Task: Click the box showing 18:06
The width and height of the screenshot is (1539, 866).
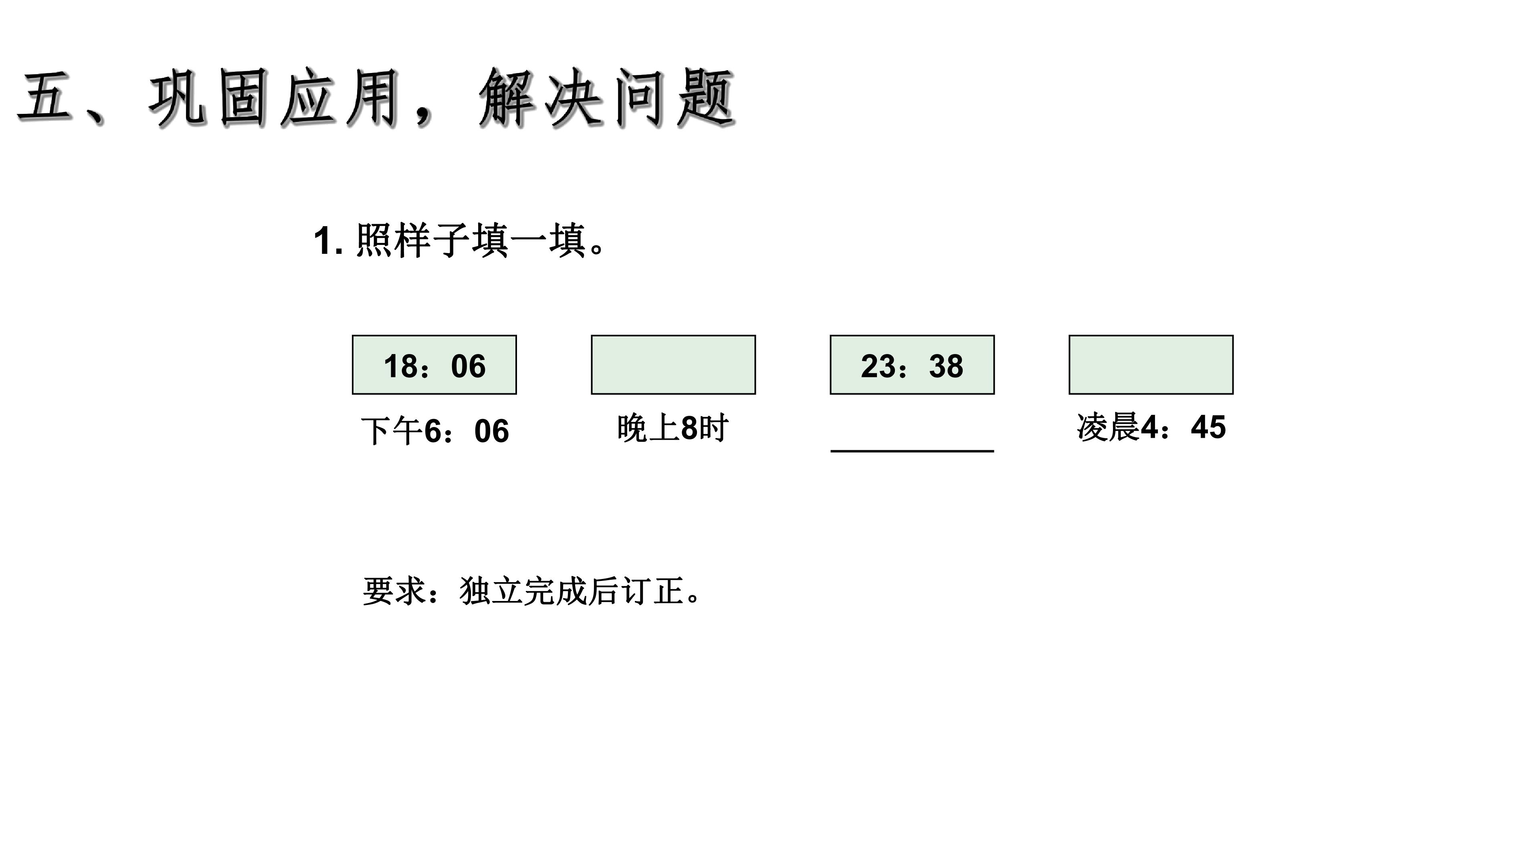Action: click(x=434, y=364)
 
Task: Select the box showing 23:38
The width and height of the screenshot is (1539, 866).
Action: click(x=912, y=364)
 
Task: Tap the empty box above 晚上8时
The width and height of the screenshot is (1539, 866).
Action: click(x=673, y=364)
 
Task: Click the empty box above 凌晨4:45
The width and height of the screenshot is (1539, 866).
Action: click(x=1151, y=364)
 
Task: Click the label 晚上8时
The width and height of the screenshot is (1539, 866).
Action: click(x=673, y=428)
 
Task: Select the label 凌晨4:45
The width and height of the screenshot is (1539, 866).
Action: click(x=1151, y=427)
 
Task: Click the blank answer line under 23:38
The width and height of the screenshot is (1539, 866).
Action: click(x=912, y=451)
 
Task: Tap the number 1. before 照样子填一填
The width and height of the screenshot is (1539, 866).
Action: click(x=328, y=241)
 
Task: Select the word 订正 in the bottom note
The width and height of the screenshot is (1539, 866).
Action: click(x=653, y=591)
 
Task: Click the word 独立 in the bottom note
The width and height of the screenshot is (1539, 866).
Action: click(x=491, y=591)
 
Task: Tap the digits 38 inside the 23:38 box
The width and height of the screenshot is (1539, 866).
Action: click(x=946, y=366)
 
